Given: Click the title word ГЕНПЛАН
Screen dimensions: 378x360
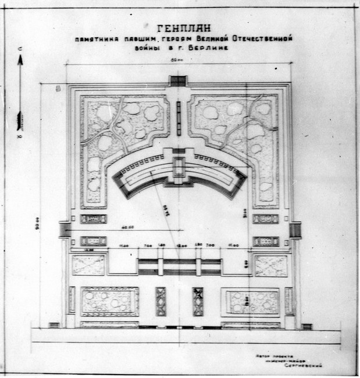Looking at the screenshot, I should pos(184,28).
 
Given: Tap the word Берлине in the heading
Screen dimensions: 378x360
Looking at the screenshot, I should pos(205,50).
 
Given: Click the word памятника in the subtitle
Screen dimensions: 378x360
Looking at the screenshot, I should pos(95,39).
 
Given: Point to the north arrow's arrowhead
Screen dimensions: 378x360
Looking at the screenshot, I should pos(20,59).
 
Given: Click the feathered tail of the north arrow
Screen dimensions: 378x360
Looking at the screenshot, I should pos(20,120).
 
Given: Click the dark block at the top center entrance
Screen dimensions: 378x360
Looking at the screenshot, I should pos(178,81).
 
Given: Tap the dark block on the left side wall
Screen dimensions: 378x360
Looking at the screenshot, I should pos(65,230).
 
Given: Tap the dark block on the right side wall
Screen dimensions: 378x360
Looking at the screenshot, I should pos(295,230).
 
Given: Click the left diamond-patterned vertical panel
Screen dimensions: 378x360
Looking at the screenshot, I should pos(161,301).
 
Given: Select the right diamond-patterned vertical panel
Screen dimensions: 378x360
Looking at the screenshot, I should pos(198,301).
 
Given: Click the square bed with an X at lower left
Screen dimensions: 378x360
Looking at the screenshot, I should pos(88,265).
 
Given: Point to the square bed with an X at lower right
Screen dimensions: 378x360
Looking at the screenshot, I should pos(271,265).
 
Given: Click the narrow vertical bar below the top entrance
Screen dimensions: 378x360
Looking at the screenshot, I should pos(179,110).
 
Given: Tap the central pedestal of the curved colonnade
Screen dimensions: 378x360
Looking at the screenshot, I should pos(179,167).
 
